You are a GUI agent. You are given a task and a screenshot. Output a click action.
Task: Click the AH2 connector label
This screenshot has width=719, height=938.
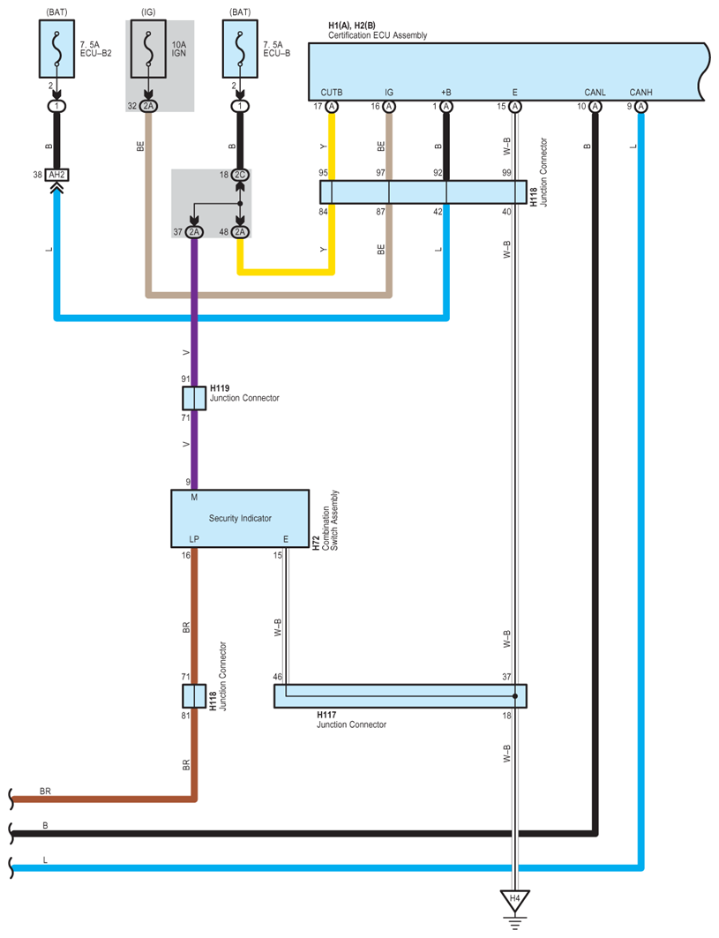[56, 175]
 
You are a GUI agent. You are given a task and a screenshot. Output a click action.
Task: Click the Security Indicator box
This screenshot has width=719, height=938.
[239, 519]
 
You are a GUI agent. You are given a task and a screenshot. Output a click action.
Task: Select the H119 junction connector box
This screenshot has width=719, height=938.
[194, 398]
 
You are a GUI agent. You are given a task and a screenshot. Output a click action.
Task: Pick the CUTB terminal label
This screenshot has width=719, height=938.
[332, 92]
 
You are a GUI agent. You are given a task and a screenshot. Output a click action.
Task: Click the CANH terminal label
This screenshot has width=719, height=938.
[640, 92]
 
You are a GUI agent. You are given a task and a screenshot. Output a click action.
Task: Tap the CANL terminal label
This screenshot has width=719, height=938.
[595, 92]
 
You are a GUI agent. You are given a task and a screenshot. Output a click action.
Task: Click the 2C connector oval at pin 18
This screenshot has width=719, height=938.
[240, 175]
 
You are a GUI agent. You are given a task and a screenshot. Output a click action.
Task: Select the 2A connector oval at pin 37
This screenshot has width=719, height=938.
[194, 232]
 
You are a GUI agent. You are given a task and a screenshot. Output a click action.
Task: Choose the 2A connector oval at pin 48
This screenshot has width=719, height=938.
[240, 232]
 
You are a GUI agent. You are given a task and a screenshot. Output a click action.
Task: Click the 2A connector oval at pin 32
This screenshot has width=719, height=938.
[148, 106]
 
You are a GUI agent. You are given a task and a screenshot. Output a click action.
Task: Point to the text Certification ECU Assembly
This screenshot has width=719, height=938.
[378, 35]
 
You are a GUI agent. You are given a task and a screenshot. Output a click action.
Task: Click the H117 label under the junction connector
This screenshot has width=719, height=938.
[327, 715]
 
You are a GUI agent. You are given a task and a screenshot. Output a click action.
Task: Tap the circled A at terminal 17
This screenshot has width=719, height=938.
[332, 106]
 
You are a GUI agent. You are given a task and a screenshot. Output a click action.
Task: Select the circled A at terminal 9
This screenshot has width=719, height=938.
[640, 106]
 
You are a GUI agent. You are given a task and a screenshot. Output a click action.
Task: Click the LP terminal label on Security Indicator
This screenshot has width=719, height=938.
[194, 538]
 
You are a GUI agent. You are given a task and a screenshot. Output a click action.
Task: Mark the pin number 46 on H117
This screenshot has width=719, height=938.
[277, 677]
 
